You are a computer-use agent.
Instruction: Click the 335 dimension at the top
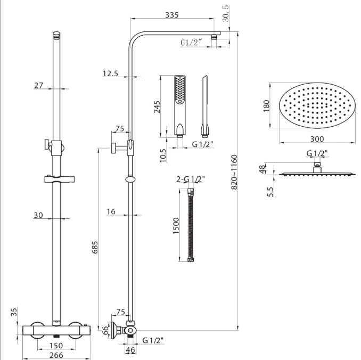[171, 15]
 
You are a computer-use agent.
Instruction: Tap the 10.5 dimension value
[163, 154]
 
